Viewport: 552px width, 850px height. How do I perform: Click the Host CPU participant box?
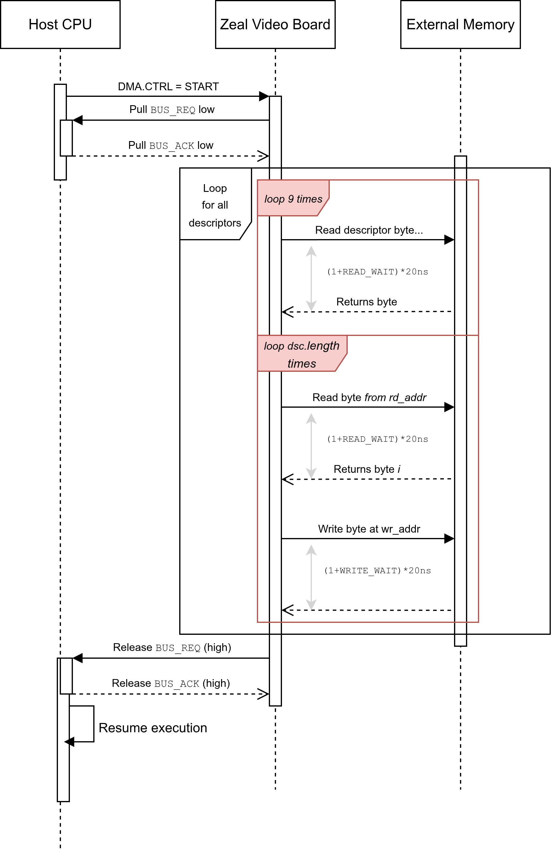pos(60,24)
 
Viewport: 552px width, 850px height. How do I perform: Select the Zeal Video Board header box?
pos(275,24)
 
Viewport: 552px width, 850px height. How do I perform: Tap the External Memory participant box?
pos(460,24)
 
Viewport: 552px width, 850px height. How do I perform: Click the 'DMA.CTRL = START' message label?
pos(168,86)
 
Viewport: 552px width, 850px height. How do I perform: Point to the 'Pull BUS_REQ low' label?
pos(172,109)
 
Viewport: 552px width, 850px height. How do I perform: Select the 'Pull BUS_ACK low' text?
pos(171,145)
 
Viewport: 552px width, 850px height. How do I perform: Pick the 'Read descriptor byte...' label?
pos(369,230)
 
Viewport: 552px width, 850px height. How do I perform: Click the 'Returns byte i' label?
pos(367,469)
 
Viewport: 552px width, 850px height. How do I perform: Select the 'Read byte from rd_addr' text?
pos(369,397)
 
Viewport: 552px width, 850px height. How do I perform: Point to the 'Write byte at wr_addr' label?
pos(369,529)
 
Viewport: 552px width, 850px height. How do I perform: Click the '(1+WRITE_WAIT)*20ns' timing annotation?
pos(377,570)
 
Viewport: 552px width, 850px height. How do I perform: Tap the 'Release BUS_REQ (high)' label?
pos(172,647)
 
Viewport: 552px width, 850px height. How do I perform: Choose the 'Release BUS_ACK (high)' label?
pos(171,683)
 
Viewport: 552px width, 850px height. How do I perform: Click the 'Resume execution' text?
pos(153,727)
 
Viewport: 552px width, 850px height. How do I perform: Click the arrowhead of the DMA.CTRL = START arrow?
pos(264,96)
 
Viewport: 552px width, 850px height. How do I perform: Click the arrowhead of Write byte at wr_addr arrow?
pos(449,539)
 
